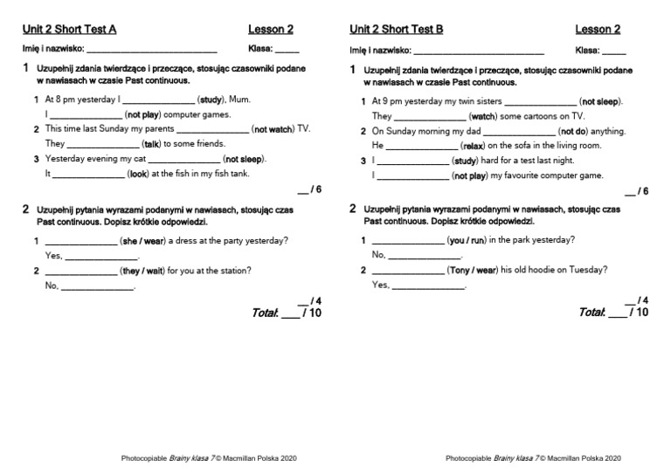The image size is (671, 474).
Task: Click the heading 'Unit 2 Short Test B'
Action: click(396, 29)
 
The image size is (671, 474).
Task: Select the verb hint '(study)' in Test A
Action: click(211, 100)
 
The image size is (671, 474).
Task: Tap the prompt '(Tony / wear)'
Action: click(476, 270)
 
